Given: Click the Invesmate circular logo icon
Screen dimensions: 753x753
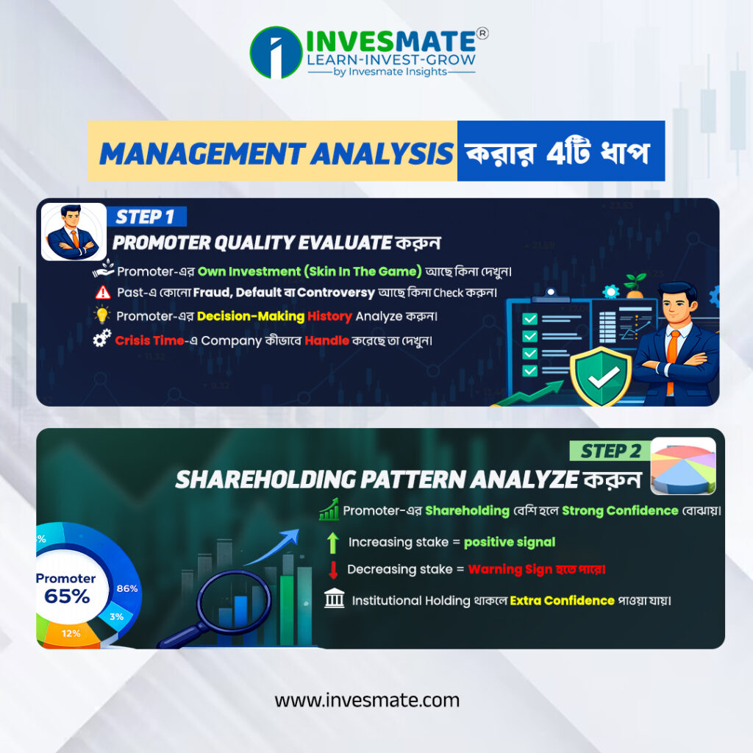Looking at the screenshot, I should coord(276,52).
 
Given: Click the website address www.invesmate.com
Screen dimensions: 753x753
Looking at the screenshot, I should coord(367,700).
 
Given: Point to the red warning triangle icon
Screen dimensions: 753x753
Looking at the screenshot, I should coord(103,293).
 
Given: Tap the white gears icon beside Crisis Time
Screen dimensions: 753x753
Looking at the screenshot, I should coord(102,340).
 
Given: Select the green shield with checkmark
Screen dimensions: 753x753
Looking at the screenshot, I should coord(602,376).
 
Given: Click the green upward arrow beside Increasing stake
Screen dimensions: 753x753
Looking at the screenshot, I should coord(333,543).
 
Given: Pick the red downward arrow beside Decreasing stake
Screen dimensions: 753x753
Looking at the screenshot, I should coord(333,570).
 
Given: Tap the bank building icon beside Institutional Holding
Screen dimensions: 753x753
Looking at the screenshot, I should coord(334,600).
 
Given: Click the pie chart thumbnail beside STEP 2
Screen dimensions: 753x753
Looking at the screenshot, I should coord(682,465).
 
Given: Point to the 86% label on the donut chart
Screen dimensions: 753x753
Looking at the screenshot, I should coord(127,588).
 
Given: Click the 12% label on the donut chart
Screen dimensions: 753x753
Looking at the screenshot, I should coord(71,632).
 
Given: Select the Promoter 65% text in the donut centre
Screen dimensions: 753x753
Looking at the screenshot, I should coord(66,588).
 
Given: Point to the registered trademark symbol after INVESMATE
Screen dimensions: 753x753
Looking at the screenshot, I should coord(482,33).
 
